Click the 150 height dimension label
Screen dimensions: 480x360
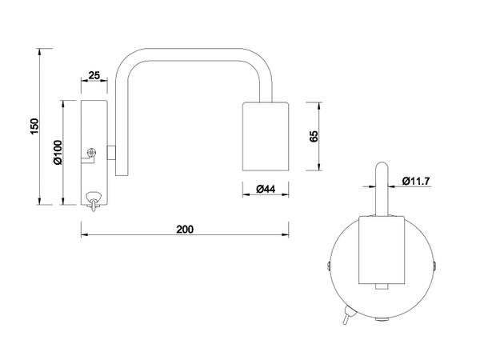tap(34, 126)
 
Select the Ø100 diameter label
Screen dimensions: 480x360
tap(58, 152)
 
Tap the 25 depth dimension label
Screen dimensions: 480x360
tap(94, 75)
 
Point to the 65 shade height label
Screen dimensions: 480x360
tap(314, 136)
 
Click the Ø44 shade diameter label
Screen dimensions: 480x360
tap(266, 189)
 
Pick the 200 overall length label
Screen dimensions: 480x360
tap(185, 230)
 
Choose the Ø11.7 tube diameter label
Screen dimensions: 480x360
tap(416, 182)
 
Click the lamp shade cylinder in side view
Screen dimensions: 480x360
tap(266, 136)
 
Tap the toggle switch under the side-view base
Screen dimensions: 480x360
tap(93, 201)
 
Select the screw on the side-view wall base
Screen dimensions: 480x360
tap(91, 152)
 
